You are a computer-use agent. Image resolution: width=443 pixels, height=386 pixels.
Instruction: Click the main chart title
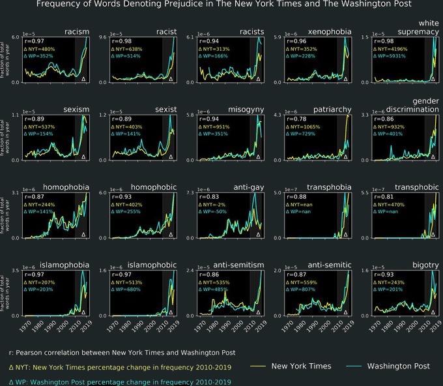coord(223,5)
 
